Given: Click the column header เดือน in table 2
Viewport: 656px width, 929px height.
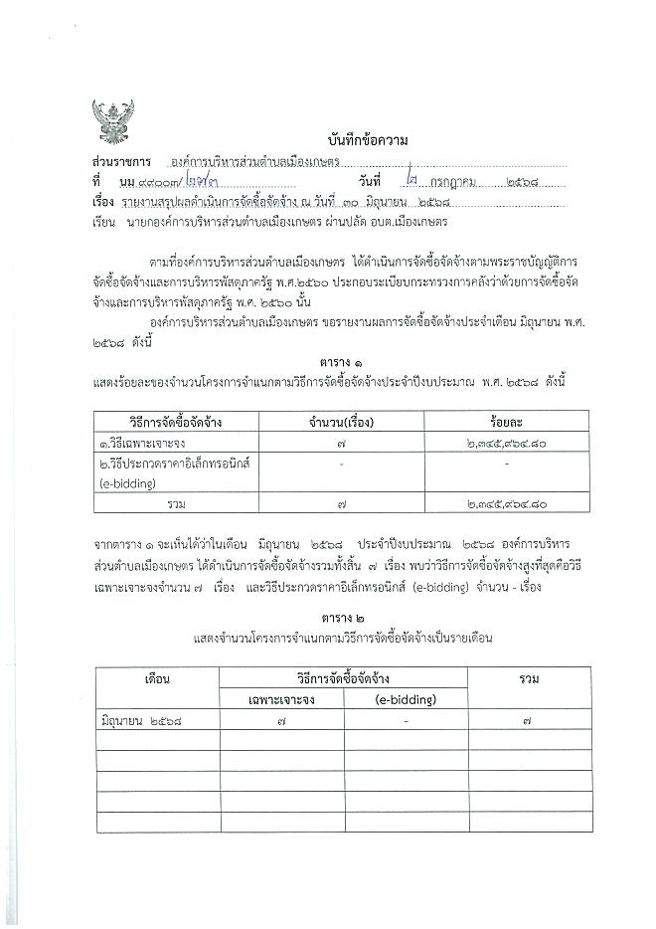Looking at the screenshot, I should (159, 679).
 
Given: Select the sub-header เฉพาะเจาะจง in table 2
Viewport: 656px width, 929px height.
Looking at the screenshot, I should (282, 699).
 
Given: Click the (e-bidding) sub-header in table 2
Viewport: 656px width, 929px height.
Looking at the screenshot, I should (407, 699).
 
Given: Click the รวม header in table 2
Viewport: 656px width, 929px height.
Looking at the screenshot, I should (529, 679).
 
